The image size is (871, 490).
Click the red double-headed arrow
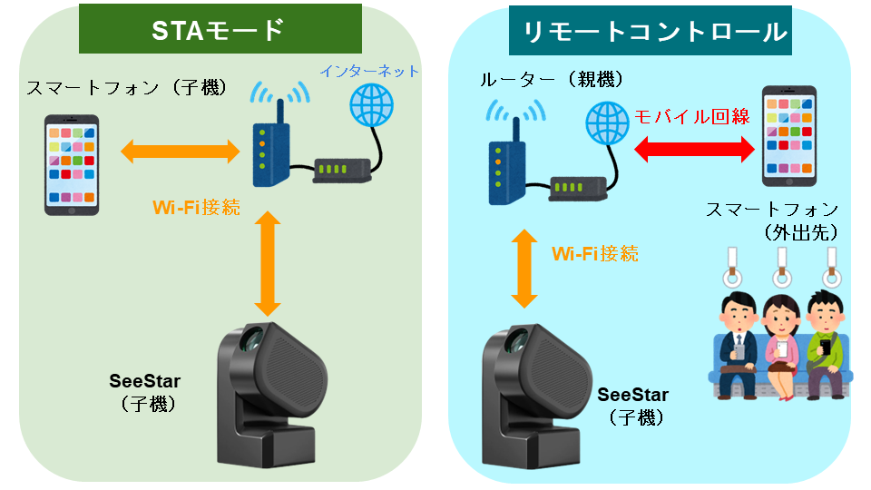coord(692,149)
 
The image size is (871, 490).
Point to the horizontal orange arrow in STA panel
coord(180,150)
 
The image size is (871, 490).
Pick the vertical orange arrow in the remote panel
coord(523,267)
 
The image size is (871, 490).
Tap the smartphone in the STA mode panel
coord(73,164)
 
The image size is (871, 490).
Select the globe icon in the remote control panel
coord(606,122)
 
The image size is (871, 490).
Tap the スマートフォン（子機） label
coord(126,88)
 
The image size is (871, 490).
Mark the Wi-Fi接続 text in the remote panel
coord(595,253)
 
